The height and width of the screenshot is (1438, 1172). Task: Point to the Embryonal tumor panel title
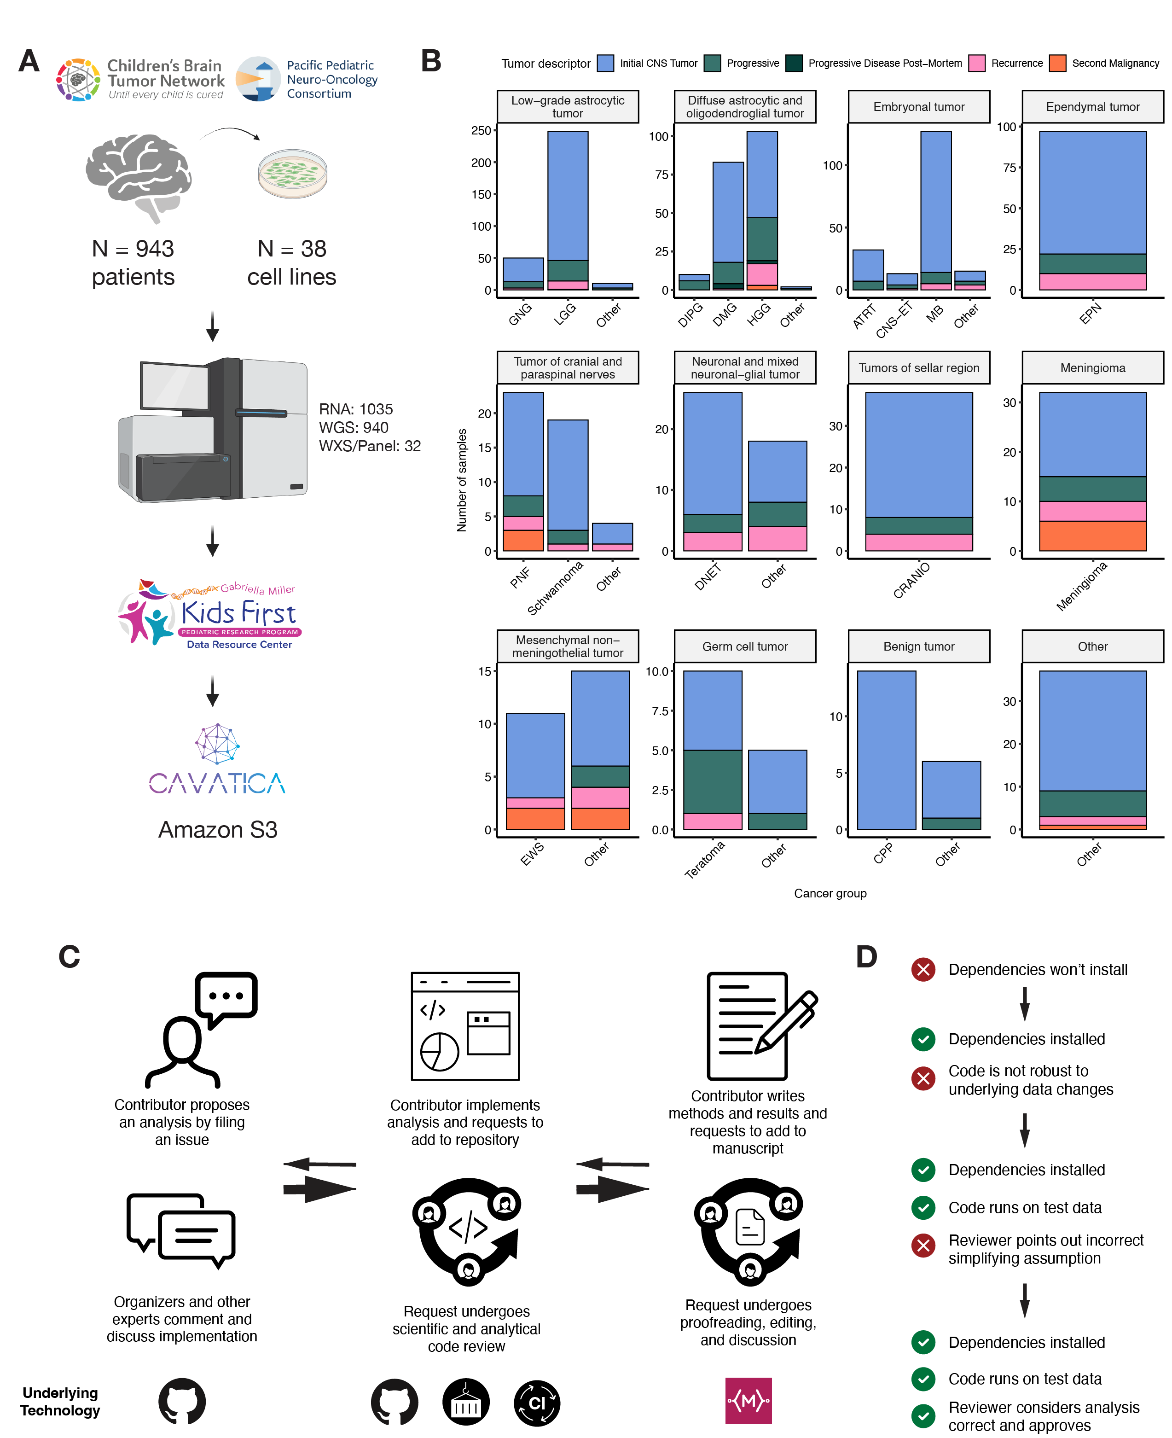pyautogui.click(x=918, y=107)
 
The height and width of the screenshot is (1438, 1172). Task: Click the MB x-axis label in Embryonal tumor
pyautogui.click(x=934, y=314)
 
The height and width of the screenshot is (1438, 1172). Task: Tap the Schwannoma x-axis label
pyautogui.click(x=555, y=589)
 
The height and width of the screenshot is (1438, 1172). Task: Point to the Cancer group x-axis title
pyautogui.click(x=830, y=893)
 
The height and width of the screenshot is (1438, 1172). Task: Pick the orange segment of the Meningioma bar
pyautogui.click(x=1092, y=536)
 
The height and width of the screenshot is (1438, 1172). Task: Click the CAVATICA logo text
pyautogui.click(x=217, y=783)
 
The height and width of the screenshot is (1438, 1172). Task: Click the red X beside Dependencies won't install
pyautogui.click(x=923, y=969)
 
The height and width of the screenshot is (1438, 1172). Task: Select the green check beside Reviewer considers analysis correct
pyautogui.click(x=923, y=1416)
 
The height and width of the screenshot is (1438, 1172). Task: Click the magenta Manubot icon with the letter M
pyautogui.click(x=748, y=1401)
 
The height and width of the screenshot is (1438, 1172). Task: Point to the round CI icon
pyautogui.click(x=537, y=1403)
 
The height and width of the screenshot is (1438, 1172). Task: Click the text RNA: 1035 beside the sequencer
pyautogui.click(x=356, y=409)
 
